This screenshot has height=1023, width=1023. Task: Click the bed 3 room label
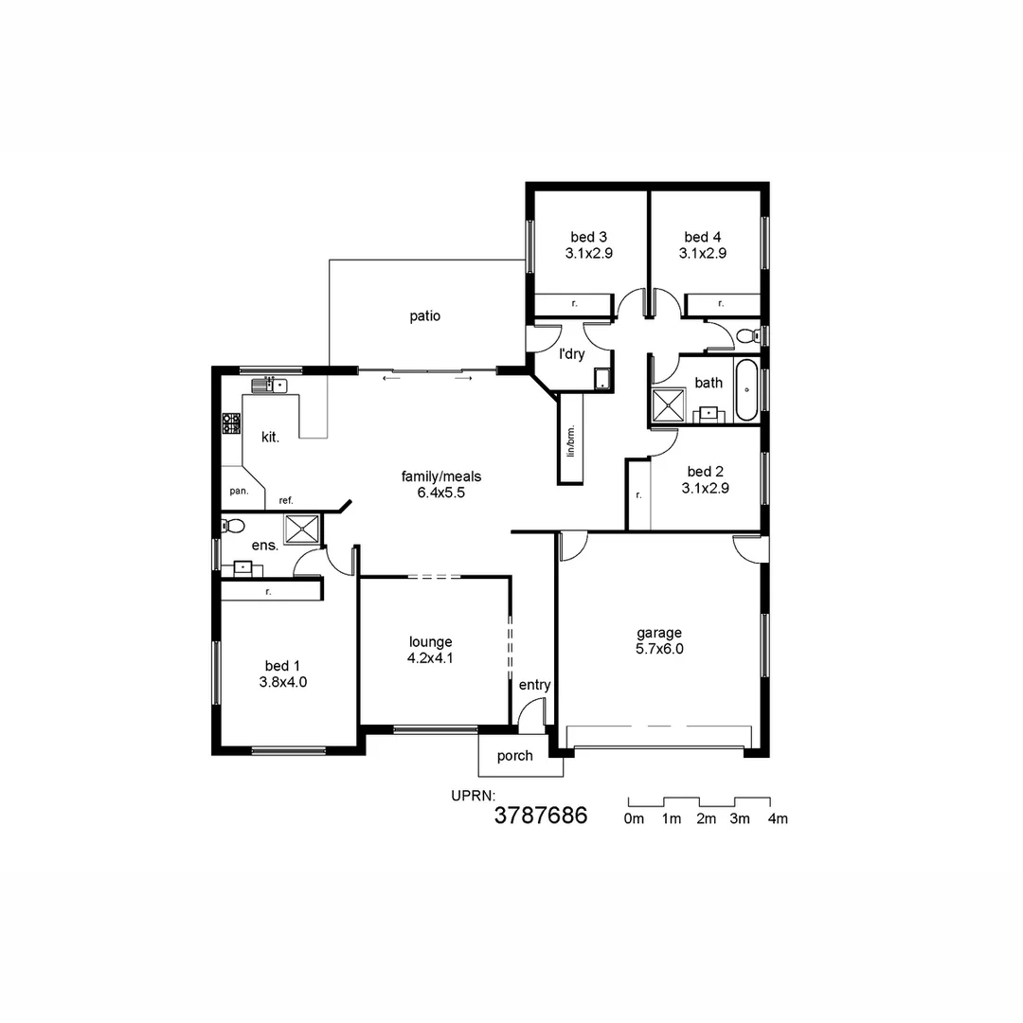(588, 237)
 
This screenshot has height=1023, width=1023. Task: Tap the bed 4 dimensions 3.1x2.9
(702, 253)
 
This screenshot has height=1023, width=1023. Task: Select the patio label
(425, 316)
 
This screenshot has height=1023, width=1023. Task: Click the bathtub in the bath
(747, 389)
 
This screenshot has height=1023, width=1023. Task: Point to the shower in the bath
(671, 405)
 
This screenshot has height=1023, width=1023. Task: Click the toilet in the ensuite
(233, 526)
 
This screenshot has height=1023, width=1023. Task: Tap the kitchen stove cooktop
(231, 423)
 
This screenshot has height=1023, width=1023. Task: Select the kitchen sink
(269, 385)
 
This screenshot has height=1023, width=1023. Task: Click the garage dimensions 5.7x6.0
(659, 649)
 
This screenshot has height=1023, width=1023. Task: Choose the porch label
(514, 756)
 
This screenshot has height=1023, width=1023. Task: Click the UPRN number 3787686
(541, 816)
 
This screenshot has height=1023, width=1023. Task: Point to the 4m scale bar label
(778, 819)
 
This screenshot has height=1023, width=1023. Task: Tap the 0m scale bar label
(634, 819)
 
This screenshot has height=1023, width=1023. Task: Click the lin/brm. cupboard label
(571, 440)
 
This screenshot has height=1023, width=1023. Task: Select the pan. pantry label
(239, 491)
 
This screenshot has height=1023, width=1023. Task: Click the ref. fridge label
(285, 499)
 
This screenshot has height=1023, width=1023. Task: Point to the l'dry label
(571, 354)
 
